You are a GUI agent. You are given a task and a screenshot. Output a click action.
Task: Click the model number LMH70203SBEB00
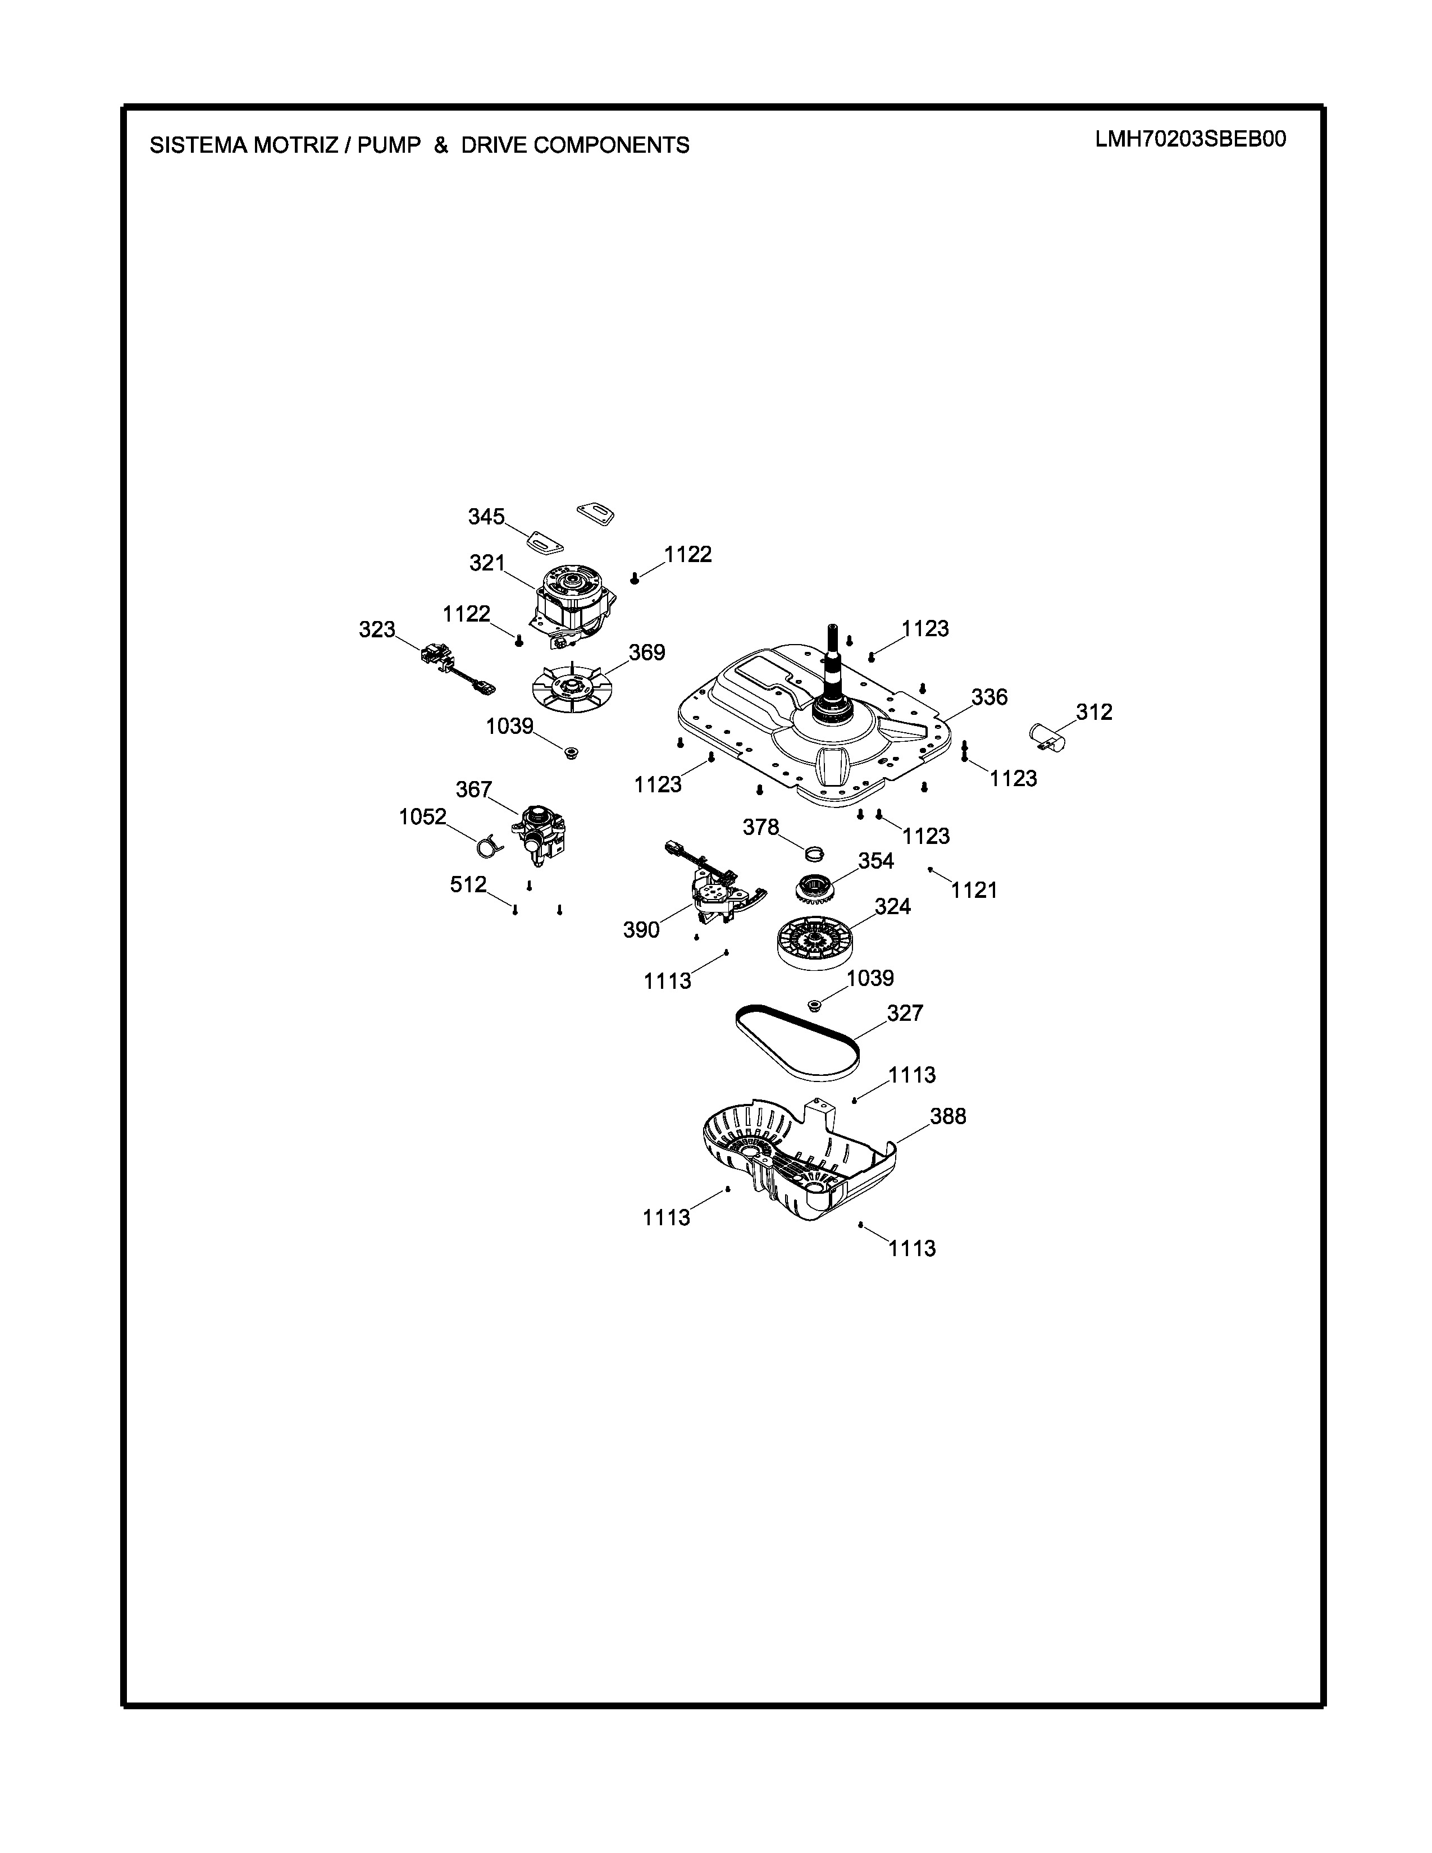[1190, 139]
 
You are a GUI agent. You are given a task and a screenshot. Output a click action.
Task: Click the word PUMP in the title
[389, 146]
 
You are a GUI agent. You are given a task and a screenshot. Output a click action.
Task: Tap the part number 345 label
[486, 517]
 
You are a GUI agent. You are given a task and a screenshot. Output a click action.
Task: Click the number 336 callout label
[989, 697]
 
